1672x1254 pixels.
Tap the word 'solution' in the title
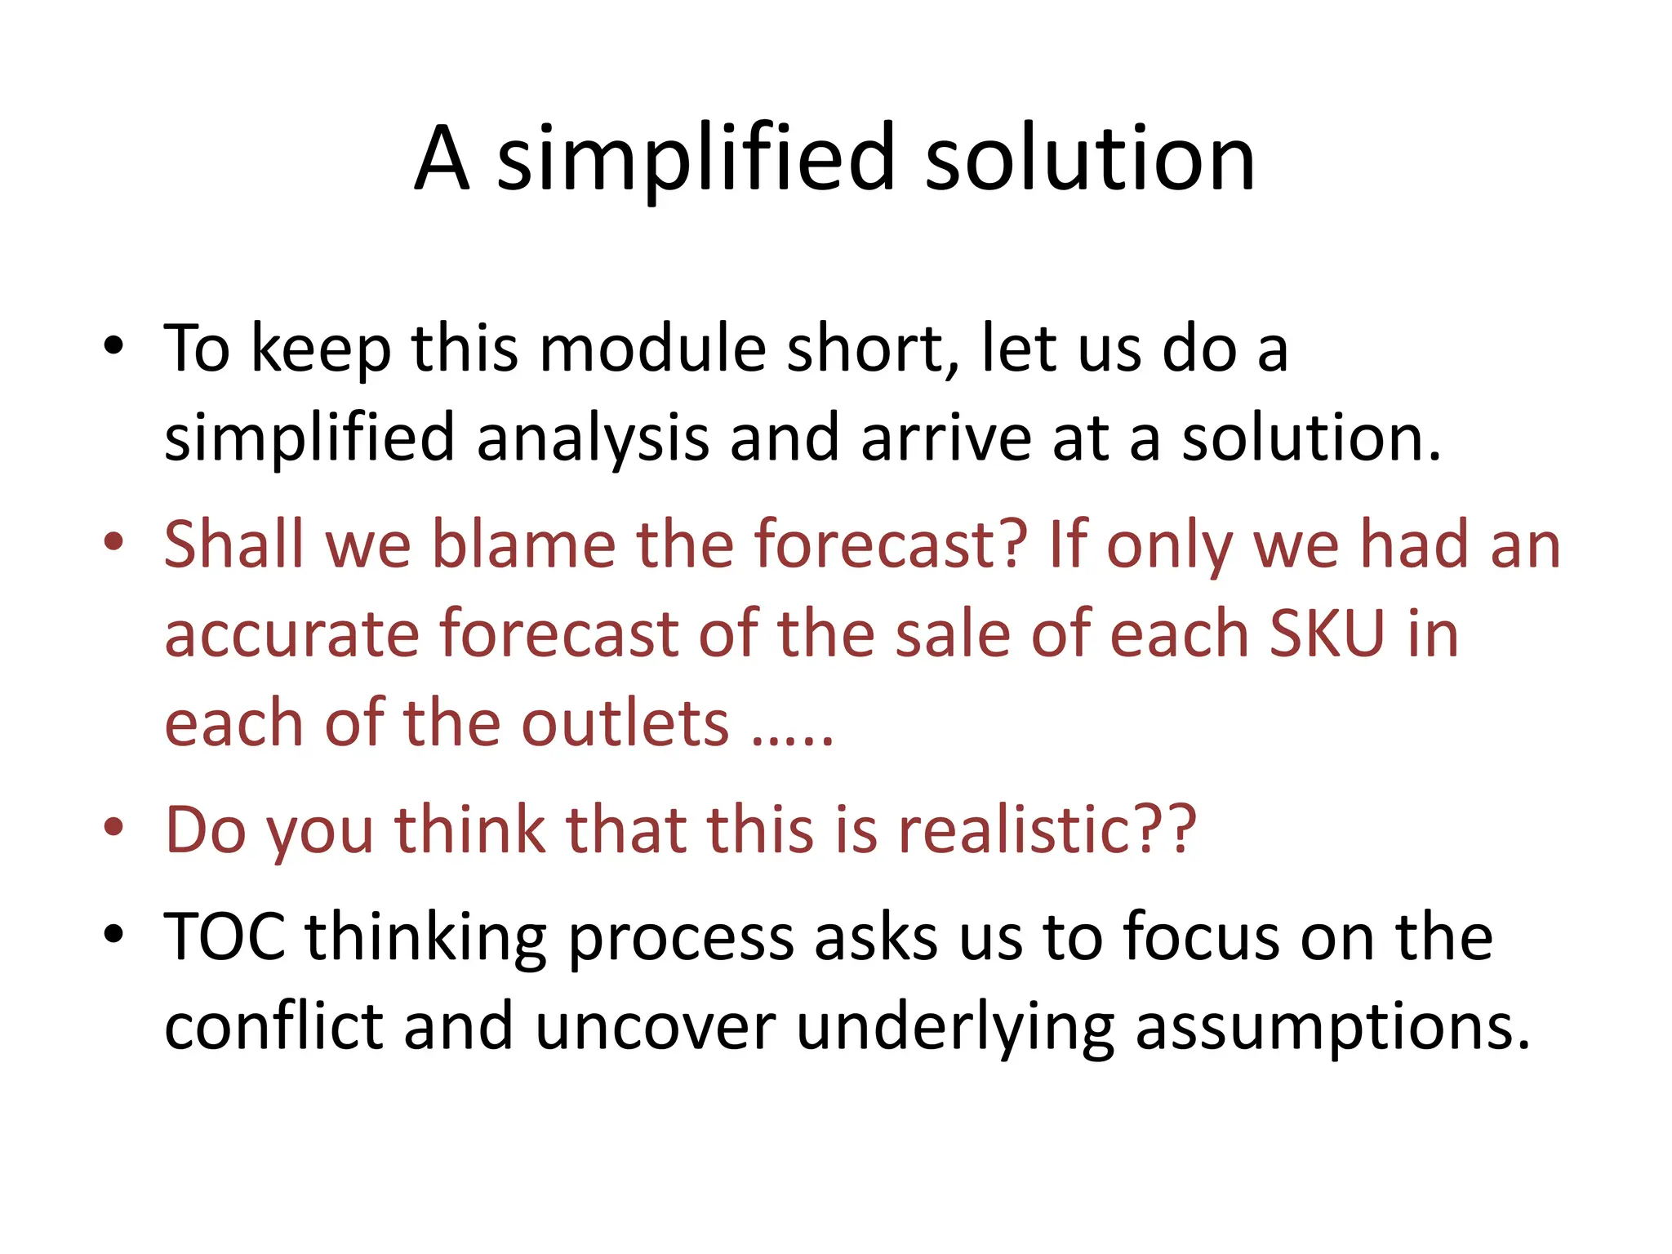click(1089, 158)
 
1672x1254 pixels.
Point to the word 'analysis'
click(592, 438)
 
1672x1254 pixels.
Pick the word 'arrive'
click(946, 438)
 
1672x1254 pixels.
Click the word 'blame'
click(522, 545)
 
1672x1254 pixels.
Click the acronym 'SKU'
click(1327, 634)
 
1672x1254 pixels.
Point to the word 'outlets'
click(625, 724)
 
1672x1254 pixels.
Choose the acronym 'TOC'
click(225, 936)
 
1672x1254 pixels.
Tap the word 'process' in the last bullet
click(681, 936)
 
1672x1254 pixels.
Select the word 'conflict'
click(273, 1026)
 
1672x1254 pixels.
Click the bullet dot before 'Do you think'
click(113, 827)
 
